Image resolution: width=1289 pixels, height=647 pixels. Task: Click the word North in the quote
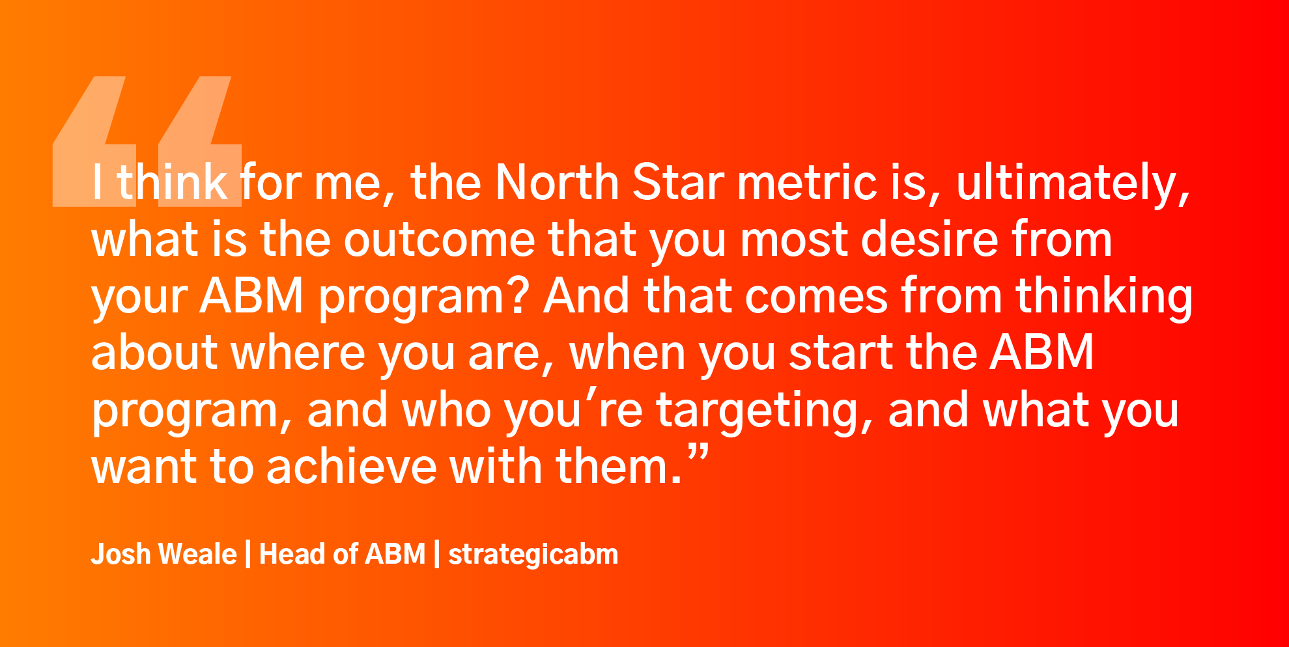point(557,182)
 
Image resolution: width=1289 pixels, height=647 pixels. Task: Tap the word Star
point(678,182)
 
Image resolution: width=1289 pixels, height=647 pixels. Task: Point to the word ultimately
point(1073,185)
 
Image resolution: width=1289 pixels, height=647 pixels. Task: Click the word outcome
point(439,240)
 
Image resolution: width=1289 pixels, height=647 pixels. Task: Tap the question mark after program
point(517,296)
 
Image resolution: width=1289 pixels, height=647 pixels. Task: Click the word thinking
point(1104,298)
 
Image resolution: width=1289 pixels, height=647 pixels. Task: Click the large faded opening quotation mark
point(147,141)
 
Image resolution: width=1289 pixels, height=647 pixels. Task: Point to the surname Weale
point(198,554)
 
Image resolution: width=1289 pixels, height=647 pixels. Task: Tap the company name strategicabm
point(533,555)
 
